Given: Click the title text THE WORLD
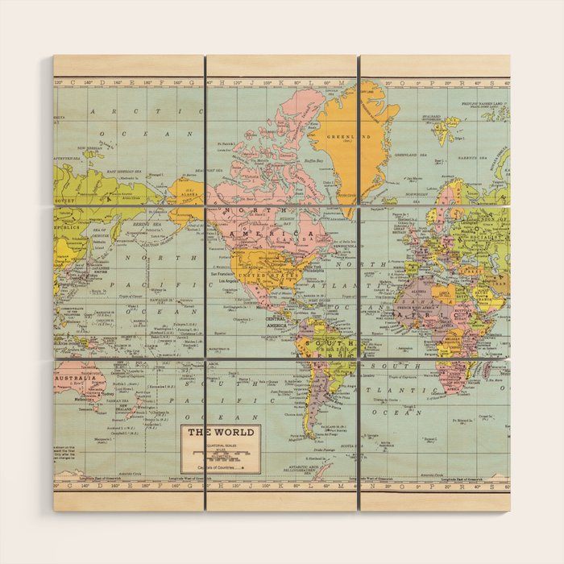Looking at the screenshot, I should click(221, 432).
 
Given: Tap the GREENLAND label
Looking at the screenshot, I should click(342, 137).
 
